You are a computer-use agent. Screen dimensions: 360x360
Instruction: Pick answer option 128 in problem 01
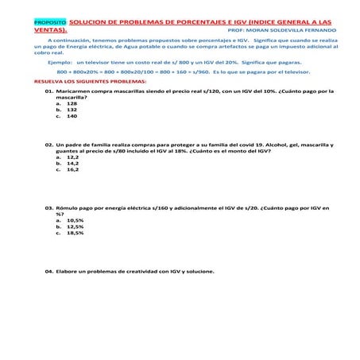coord(72,103)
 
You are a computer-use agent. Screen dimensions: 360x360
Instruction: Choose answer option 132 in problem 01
coord(72,110)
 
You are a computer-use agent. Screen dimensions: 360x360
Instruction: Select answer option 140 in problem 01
coord(72,116)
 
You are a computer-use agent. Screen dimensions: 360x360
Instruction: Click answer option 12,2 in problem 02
coord(72,157)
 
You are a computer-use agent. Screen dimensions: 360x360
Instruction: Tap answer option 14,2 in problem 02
coord(72,164)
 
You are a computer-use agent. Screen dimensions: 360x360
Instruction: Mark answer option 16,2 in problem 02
coord(72,170)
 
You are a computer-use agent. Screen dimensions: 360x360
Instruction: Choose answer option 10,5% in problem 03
coord(75,220)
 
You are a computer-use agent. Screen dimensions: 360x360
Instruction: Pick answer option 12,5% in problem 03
coord(75,226)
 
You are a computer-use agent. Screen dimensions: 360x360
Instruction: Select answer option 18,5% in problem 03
coord(75,233)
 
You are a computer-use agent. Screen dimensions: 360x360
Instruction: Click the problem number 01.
coord(48,91)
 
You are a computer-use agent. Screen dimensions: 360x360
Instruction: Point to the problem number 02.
coord(48,145)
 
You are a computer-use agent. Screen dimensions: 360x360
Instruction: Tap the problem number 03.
coord(48,208)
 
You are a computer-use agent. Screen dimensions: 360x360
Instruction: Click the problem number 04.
coord(48,272)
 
